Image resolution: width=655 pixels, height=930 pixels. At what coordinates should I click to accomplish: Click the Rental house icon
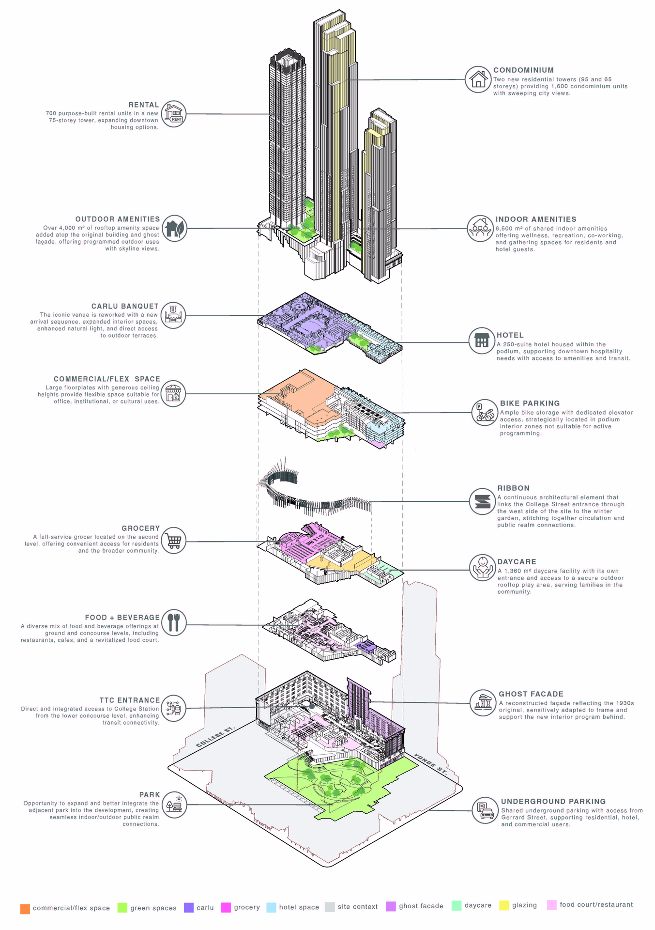173,114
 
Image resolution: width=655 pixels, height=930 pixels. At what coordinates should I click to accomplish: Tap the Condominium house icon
478,79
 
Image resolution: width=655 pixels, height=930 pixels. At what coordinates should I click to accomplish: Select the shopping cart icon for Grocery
173,541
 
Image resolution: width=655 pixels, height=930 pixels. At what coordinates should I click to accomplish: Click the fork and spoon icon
174,623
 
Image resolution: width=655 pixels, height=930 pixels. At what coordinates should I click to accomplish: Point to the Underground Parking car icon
485,810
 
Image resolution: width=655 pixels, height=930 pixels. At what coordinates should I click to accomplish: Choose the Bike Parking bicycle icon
485,413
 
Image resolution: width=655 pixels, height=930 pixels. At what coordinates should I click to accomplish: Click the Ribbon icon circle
482,501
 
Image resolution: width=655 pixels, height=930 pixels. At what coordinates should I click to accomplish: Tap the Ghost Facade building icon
483,703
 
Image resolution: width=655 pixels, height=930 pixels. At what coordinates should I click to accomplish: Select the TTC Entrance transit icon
173,708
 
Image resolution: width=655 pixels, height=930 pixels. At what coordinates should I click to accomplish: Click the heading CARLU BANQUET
125,306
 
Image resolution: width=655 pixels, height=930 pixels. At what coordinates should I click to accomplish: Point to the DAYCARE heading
517,562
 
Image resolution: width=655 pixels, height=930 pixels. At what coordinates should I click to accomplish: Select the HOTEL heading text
510,335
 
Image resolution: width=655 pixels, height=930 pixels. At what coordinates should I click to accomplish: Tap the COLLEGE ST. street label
215,737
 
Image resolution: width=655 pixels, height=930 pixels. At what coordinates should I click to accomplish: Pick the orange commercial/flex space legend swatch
25,909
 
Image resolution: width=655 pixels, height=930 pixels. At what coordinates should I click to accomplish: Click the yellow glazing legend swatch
504,906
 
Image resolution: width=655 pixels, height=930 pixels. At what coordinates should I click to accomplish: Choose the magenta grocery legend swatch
226,908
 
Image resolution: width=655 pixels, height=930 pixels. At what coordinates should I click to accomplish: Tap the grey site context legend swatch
330,907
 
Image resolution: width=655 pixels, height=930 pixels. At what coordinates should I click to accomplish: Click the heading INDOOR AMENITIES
536,219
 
